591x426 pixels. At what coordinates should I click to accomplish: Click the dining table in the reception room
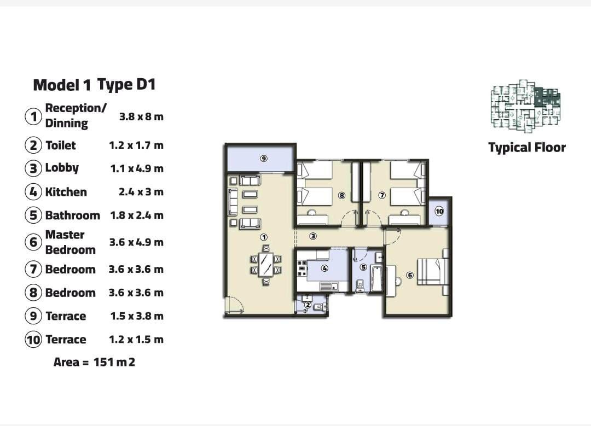tap(266, 265)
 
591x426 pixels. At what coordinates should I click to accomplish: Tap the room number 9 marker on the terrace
tap(264, 158)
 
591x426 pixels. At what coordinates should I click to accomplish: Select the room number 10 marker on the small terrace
tap(439, 211)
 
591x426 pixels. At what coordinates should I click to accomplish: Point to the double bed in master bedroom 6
tap(433, 272)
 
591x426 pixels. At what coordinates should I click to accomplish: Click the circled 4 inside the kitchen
tap(325, 269)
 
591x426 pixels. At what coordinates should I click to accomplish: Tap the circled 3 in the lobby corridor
tap(313, 236)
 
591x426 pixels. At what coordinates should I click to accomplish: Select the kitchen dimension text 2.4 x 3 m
tap(141, 192)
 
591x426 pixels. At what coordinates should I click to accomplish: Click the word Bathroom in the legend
tap(73, 215)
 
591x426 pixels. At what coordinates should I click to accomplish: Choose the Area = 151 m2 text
tap(94, 362)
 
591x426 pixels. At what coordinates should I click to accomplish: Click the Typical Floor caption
tap(527, 147)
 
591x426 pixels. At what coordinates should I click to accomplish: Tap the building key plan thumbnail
tap(525, 106)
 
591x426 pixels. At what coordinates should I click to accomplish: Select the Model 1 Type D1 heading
tap(95, 85)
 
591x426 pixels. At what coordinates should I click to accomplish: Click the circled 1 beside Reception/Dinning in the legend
tap(33, 116)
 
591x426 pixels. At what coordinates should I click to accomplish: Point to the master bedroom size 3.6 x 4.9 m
tap(136, 242)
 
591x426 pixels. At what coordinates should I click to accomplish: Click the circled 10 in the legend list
tap(33, 340)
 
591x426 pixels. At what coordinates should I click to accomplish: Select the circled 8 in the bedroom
tap(342, 195)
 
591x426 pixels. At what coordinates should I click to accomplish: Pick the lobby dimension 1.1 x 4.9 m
tap(137, 168)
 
